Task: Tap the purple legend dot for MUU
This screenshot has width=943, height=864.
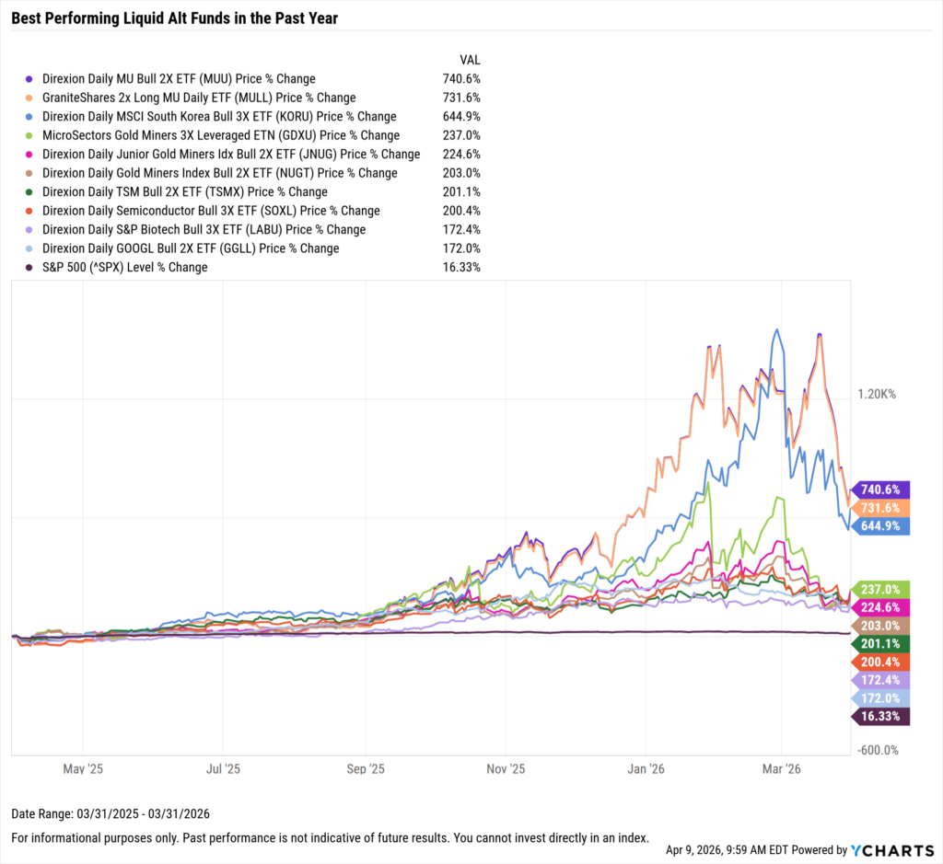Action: tap(30, 79)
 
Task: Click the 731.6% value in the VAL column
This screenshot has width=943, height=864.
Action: tap(460, 98)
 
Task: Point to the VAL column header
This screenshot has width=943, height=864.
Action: tap(469, 59)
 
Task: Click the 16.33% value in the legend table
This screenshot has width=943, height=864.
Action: tap(460, 267)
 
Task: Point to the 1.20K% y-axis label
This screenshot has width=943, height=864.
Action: tap(876, 394)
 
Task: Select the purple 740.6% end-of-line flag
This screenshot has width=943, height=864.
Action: tap(882, 490)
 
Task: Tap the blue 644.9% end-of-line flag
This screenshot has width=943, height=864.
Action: tap(882, 526)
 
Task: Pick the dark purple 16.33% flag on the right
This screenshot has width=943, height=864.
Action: tap(882, 717)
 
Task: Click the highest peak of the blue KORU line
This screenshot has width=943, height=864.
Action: tap(778, 329)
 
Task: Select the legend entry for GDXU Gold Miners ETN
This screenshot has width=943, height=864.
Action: tap(222, 135)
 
